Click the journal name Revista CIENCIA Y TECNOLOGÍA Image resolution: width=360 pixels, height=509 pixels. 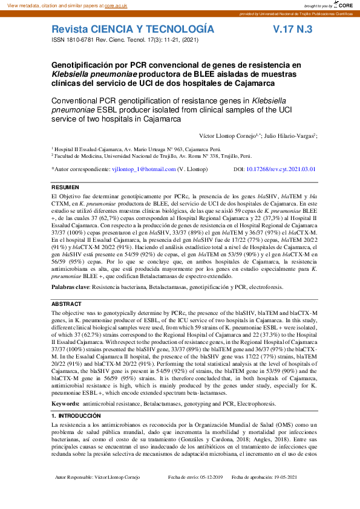coord(133,29)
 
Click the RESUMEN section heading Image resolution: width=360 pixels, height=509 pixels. coord(65,188)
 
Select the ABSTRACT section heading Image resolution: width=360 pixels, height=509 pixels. coord(66,304)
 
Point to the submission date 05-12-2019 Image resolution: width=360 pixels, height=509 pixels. coord(206,494)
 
